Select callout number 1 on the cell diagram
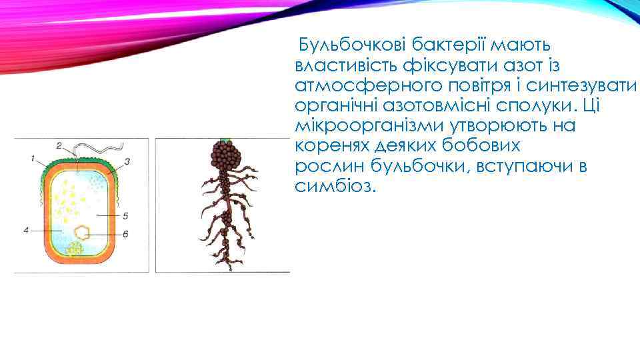click(x=32, y=158)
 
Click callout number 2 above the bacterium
click(x=59, y=145)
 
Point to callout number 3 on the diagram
click(x=127, y=161)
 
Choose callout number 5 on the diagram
click(x=125, y=216)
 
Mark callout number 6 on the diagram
click(x=125, y=233)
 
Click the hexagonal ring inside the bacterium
click(x=83, y=233)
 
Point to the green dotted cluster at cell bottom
click(x=74, y=248)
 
